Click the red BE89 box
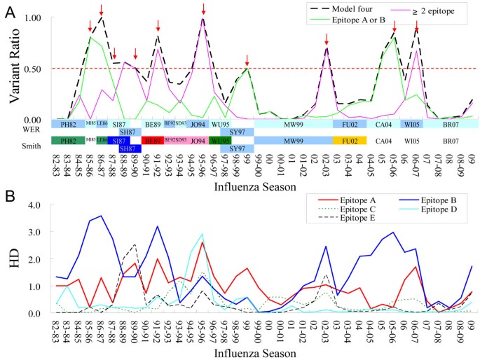pos(152,141)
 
